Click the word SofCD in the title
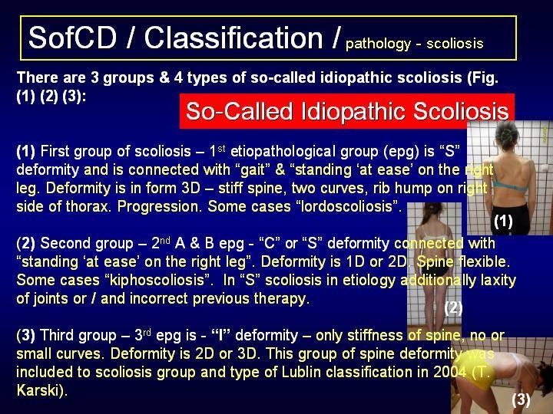(x=72, y=38)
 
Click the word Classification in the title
(x=233, y=38)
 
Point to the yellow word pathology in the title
(x=378, y=44)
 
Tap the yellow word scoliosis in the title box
(x=455, y=43)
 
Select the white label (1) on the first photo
(x=503, y=221)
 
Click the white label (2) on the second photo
(x=453, y=308)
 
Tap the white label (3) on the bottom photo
(x=521, y=399)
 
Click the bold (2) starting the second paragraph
(x=26, y=243)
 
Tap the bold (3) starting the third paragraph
(x=26, y=335)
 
